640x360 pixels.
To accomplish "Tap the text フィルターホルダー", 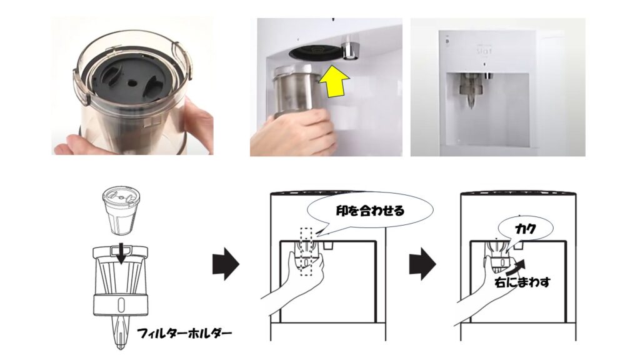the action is point(184,334).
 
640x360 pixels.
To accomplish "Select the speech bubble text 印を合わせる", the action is point(370,211).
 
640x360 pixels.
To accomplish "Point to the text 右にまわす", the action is point(522,282).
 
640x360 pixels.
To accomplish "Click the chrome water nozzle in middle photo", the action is point(350,47).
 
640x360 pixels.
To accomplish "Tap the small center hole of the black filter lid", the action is point(132,82).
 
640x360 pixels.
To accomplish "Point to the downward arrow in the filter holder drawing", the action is point(121,254).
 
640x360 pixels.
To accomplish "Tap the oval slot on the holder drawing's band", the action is point(121,304).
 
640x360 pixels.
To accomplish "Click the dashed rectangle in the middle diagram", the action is point(306,252).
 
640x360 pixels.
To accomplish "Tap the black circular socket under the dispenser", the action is point(314,52).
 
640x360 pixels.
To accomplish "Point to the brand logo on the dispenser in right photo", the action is point(484,51).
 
